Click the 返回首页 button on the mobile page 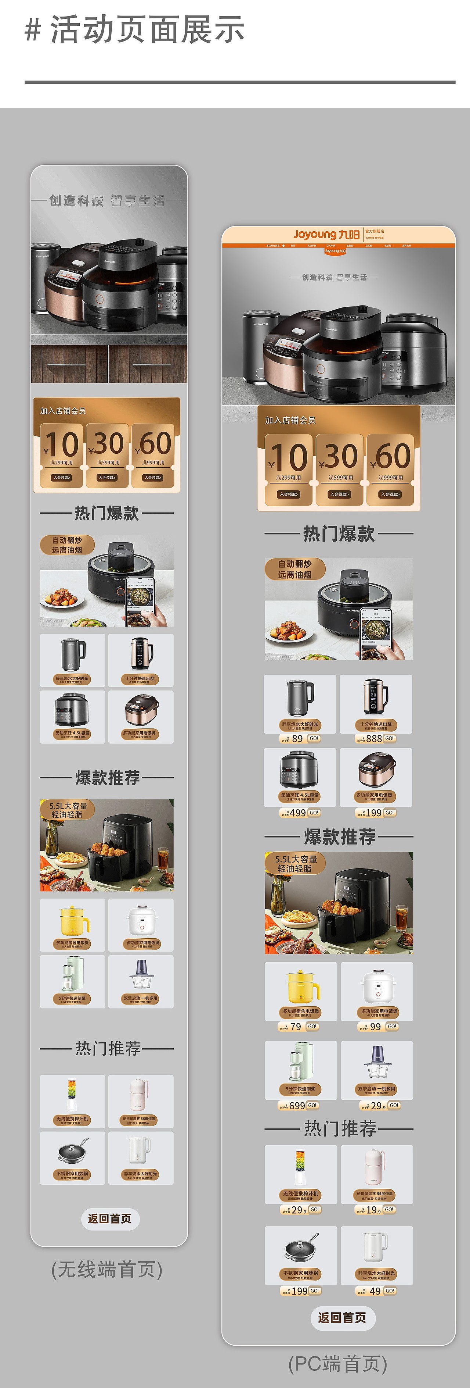(x=110, y=1219)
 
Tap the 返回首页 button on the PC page (x=343, y=1317)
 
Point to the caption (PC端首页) (x=337, y=1364)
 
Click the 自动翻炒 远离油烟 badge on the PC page (x=294, y=569)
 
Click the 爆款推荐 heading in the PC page (x=339, y=837)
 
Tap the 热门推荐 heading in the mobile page (x=107, y=1048)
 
